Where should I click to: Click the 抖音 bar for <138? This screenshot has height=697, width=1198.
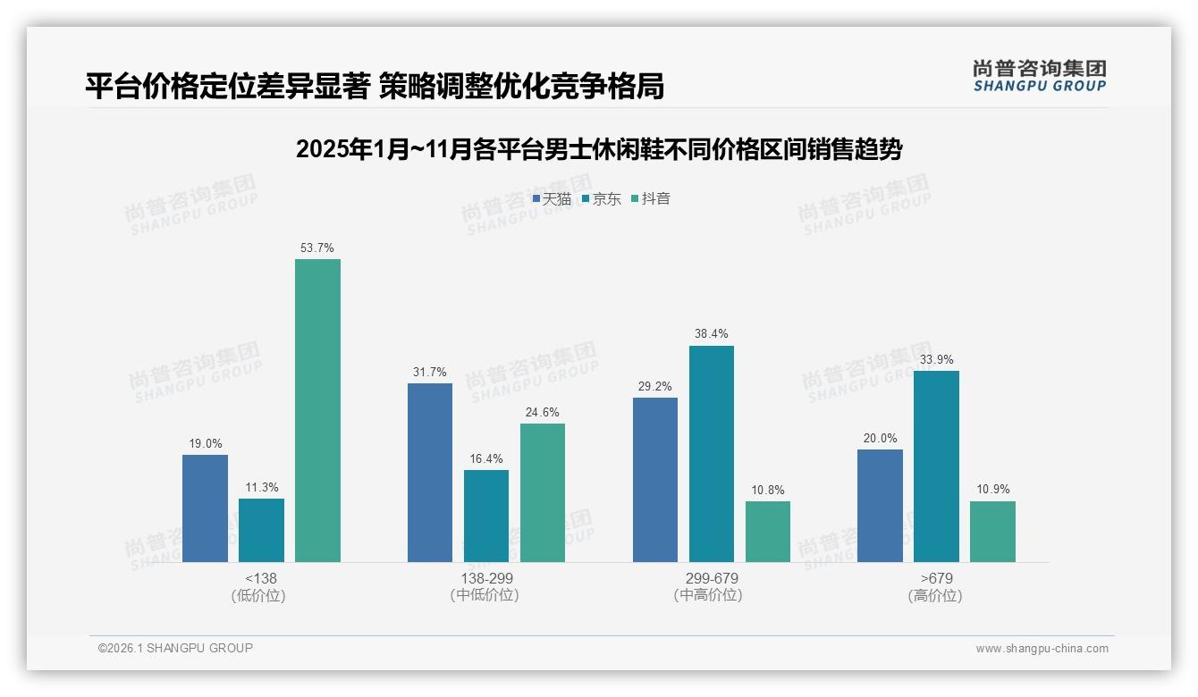(317, 410)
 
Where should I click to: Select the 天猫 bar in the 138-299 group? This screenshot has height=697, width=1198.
(430, 473)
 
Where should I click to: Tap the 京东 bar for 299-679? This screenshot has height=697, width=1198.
(712, 454)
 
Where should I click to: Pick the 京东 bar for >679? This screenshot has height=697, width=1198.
(936, 466)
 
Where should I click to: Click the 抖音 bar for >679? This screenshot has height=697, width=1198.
(992, 532)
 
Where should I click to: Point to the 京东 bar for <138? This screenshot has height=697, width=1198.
(261, 530)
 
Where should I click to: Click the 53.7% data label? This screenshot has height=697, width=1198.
(317, 248)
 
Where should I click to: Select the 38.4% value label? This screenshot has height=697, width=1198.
(712, 334)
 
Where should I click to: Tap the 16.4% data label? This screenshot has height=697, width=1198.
(486, 458)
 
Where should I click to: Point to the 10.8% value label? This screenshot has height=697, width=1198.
(768, 490)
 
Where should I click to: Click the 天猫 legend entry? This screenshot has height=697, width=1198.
(552, 198)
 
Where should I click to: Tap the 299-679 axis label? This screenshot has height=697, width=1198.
(712, 578)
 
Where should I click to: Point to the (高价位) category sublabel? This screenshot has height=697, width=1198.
(935, 595)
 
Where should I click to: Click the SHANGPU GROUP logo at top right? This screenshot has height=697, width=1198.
(1040, 76)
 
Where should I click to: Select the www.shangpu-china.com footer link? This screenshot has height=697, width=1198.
(1042, 649)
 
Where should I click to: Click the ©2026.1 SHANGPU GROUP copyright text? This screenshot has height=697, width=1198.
(175, 648)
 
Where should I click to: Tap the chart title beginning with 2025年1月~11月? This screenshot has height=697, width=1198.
(598, 149)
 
